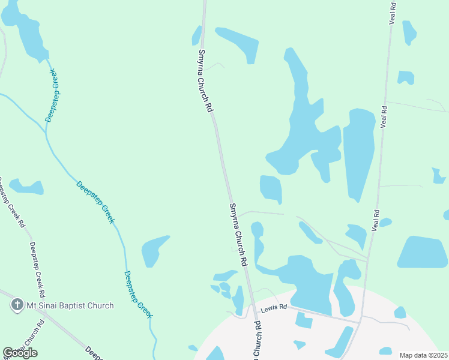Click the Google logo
(20, 352)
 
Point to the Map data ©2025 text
(423, 355)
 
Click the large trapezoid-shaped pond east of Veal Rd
(423, 252)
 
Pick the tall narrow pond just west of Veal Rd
(359, 153)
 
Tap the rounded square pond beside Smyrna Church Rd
(271, 188)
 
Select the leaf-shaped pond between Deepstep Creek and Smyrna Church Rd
(154, 250)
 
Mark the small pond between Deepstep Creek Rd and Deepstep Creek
(27, 187)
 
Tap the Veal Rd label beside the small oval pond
(377, 220)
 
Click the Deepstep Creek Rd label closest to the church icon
(37, 270)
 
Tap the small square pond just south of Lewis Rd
(304, 320)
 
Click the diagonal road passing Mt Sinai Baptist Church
(54, 321)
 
